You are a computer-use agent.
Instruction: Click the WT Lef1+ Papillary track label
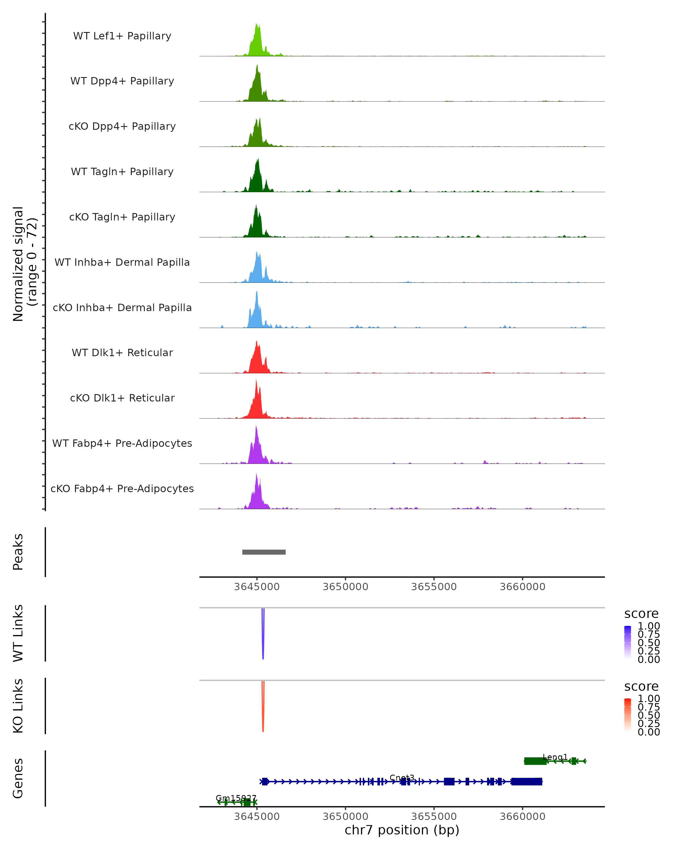pos(122,36)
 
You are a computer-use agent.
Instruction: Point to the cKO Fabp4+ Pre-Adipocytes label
pos(122,488)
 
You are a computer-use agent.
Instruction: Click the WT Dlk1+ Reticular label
pos(122,352)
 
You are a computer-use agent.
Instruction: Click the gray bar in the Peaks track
pos(264,552)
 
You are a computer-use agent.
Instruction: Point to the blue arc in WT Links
pos(263,635)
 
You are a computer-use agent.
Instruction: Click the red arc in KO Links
pos(263,708)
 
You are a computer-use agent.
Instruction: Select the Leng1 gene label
pos(555,757)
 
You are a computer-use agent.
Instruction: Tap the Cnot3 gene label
pos(402,777)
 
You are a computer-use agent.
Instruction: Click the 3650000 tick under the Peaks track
pos(345,587)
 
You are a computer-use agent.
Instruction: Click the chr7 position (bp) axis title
pos(402,830)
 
